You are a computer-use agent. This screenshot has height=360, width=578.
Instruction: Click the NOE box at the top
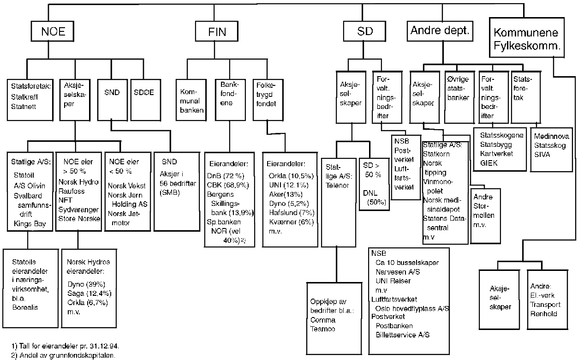click(54, 32)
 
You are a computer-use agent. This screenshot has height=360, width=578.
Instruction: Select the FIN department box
click(217, 32)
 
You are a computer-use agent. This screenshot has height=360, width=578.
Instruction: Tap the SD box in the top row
click(365, 31)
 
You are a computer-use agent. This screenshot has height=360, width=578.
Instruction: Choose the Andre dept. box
click(440, 31)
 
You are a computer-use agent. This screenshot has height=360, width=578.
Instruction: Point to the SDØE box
click(145, 92)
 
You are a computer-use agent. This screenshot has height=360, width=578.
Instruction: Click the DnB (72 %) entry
click(226, 176)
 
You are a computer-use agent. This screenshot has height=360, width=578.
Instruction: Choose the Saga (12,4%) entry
click(89, 294)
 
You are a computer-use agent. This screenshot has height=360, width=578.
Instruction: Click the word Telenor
click(339, 185)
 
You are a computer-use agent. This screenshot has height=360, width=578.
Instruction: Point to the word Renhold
click(544, 313)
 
